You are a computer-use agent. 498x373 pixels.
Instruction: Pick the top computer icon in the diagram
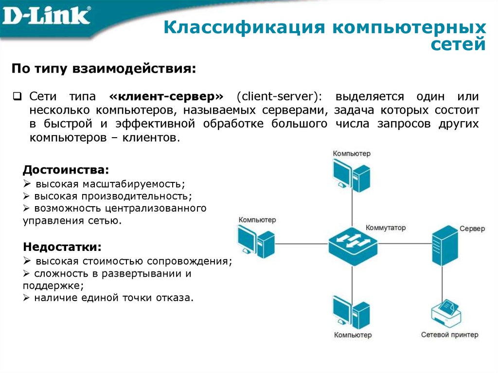coord(351,175)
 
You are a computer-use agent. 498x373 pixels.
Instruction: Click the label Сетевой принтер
coord(449,335)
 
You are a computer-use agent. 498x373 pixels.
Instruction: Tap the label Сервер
coord(472,229)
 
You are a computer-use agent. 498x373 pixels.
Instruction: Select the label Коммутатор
coord(386,228)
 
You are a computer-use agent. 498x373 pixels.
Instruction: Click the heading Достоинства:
coord(66,170)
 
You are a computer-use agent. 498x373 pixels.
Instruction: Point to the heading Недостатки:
coord(63,246)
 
